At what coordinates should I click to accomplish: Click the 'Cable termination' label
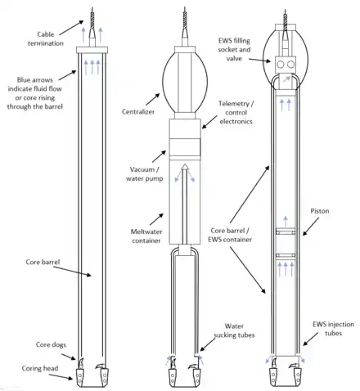(46, 38)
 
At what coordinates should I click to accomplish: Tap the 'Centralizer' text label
(138, 111)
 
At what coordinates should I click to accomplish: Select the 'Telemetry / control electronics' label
(236, 112)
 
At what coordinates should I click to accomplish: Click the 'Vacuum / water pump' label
(145, 174)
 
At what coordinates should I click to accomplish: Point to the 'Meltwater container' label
(146, 236)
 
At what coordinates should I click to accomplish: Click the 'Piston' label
(320, 211)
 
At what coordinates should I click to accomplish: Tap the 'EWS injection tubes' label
(333, 329)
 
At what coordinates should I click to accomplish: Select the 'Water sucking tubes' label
(234, 330)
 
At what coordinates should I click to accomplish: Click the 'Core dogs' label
(51, 344)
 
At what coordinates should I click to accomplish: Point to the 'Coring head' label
(40, 368)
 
